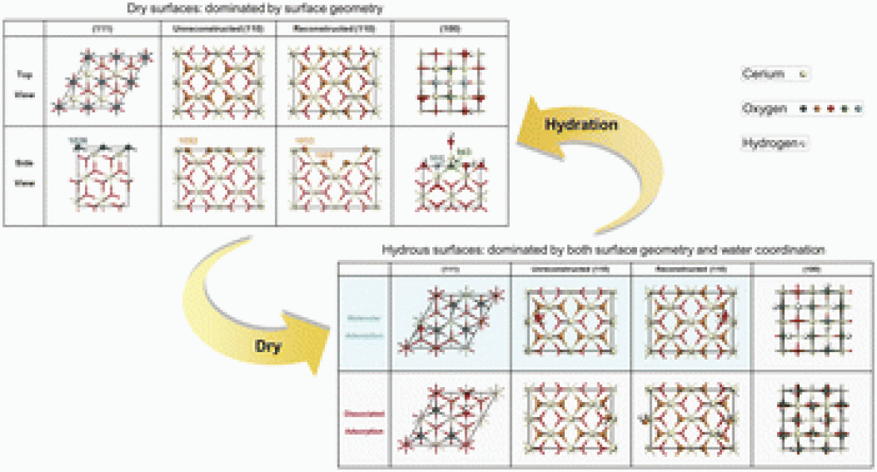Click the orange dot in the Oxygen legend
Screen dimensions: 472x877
coord(817,109)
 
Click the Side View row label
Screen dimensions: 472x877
coord(25,175)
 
